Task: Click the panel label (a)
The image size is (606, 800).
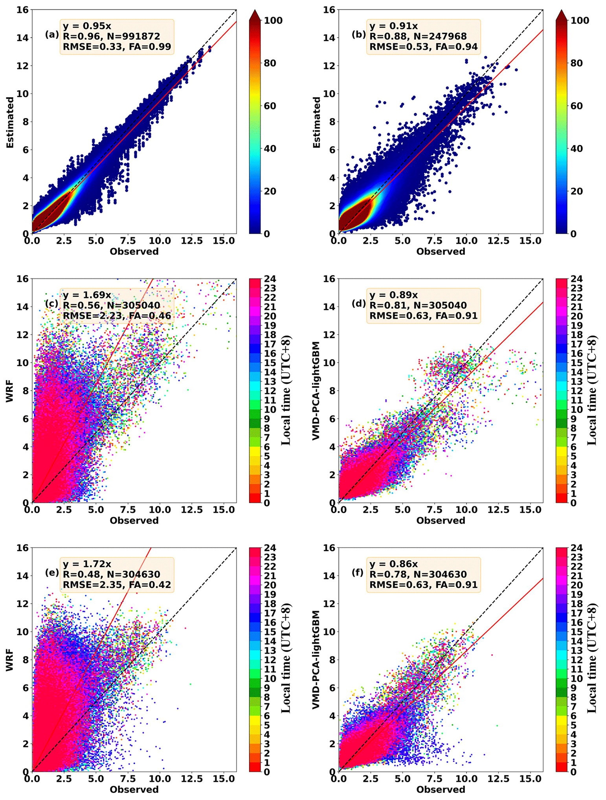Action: (x=52, y=35)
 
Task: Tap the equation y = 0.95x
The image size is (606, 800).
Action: (x=87, y=26)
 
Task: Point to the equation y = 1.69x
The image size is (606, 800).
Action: (x=87, y=295)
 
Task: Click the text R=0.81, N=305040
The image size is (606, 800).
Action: (x=418, y=305)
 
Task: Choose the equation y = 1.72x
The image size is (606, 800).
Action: (x=87, y=564)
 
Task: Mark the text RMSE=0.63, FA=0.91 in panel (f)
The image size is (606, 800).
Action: (x=423, y=585)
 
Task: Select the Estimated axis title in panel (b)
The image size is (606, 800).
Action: (x=316, y=122)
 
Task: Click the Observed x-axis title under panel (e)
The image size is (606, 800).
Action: (x=134, y=789)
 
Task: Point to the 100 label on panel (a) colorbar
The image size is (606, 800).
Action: (x=273, y=20)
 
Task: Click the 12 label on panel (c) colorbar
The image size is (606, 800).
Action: (x=270, y=391)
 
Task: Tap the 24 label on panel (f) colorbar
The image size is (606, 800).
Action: (x=577, y=548)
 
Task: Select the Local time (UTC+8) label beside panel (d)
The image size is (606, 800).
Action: (x=591, y=390)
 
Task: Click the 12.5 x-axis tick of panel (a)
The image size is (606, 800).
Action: (x=192, y=241)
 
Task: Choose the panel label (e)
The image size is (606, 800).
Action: (x=52, y=573)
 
